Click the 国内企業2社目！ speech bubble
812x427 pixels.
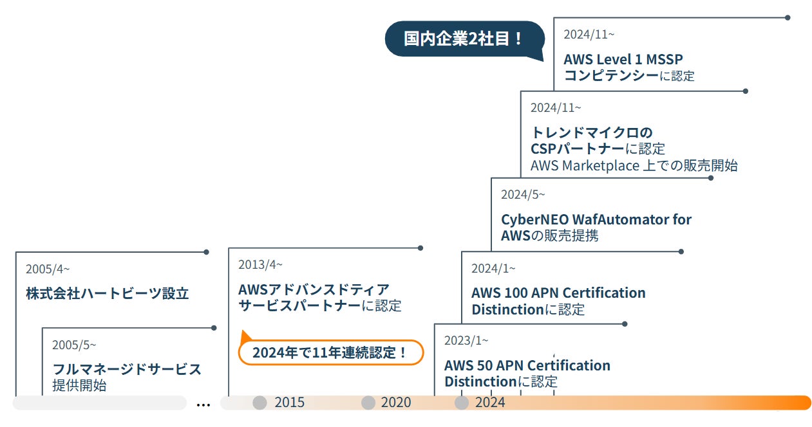tap(464, 39)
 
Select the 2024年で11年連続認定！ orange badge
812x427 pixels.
tap(330, 352)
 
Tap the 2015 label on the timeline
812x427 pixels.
tap(289, 403)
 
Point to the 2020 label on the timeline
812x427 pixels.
tap(395, 403)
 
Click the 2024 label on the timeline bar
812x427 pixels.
tap(490, 403)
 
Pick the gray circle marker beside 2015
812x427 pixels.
tap(260, 403)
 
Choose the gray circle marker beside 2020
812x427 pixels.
tap(368, 403)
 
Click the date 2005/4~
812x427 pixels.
tap(48, 269)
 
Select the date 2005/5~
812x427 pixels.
tap(74, 345)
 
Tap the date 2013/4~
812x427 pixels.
tap(260, 264)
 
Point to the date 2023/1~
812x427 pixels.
tap(466, 340)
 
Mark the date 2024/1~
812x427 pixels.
tap(493, 268)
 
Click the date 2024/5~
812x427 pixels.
tap(523, 194)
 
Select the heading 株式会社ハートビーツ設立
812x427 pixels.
tap(108, 294)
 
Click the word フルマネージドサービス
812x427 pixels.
tap(127, 369)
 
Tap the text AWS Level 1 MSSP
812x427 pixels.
tap(623, 59)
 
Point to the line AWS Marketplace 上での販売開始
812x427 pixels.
tap(634, 165)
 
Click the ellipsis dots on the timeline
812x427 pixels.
tap(203, 405)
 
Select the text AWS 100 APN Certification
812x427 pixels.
tap(558, 293)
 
